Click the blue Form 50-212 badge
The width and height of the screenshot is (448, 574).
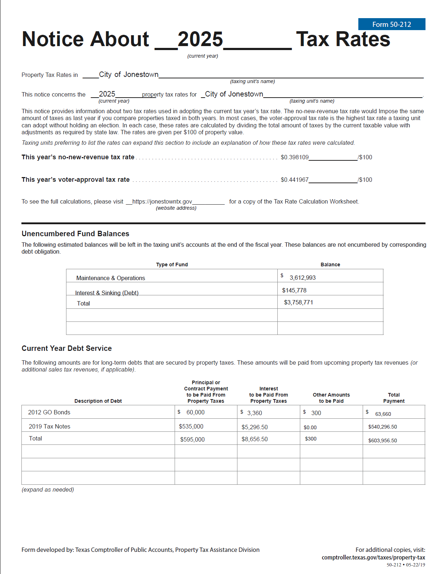391,24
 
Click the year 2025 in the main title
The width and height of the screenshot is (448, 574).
200,39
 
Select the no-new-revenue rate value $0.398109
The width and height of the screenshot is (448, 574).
294,157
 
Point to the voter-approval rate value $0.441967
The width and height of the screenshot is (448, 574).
294,180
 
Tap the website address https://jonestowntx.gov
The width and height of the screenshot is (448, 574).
162,201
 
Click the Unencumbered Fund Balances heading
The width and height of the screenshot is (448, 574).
75,234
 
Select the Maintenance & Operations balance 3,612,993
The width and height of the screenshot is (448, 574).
302,278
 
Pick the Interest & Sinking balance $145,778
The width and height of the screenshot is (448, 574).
294,290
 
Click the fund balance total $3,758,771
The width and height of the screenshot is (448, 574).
298,302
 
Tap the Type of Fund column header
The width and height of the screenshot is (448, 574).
172,265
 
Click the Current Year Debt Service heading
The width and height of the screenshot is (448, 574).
66,348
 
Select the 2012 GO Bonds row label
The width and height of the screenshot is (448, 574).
49,412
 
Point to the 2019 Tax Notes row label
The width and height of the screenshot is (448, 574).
49,426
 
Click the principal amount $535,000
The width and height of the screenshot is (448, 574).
191,426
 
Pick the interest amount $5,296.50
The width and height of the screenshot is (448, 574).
254,427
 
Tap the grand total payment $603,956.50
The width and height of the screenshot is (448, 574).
382,440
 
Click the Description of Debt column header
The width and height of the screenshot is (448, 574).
98,401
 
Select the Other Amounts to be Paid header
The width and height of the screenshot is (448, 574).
331,398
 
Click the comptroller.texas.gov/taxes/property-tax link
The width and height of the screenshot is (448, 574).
373,557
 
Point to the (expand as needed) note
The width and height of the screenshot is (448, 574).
48,489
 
